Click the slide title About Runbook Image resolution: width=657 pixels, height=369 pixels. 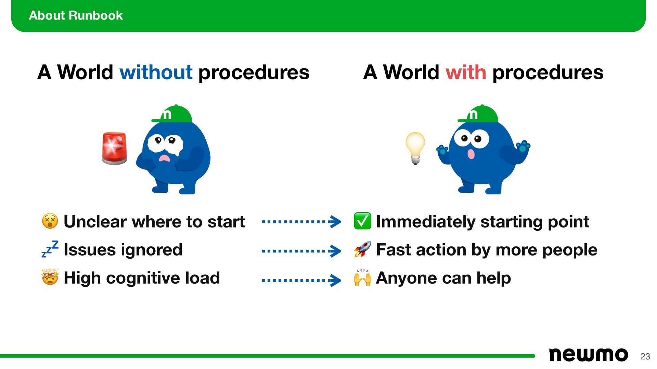[x=76, y=15]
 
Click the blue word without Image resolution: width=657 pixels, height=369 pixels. [x=156, y=72]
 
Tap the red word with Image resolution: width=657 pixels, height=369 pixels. [x=465, y=72]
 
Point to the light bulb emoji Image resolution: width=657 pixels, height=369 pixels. [x=415, y=148]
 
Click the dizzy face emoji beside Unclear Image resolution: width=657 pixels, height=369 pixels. [x=50, y=221]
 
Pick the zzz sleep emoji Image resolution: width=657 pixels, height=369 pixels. [x=50, y=249]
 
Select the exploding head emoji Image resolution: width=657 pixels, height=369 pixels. [x=50, y=277]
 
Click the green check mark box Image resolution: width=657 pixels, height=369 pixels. [x=362, y=221]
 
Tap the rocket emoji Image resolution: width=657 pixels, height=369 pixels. [x=362, y=249]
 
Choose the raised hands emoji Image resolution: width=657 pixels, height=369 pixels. [x=362, y=277]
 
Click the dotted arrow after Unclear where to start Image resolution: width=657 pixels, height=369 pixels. [x=301, y=222]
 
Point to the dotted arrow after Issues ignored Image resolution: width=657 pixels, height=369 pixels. [x=301, y=251]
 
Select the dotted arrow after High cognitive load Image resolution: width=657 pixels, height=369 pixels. [x=301, y=280]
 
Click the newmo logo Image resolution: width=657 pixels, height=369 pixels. [x=588, y=355]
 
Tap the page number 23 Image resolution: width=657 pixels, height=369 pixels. [x=645, y=356]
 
